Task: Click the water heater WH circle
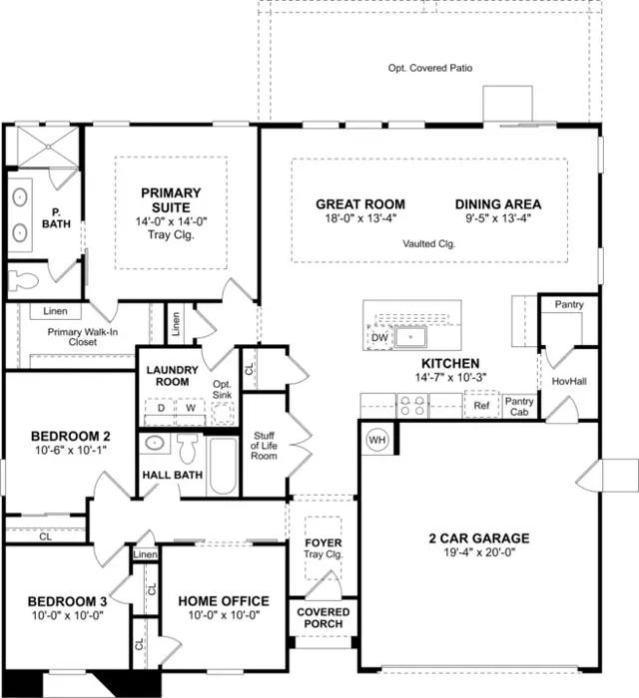point(377,441)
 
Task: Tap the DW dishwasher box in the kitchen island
point(379,337)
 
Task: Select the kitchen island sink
point(410,337)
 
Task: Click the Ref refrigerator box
point(481,405)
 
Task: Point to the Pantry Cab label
point(519,407)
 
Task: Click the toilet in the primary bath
point(23,280)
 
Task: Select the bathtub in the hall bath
point(223,466)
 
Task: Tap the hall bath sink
point(155,444)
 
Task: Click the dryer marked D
point(161,409)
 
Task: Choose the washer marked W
point(191,409)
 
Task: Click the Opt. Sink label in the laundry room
point(222,390)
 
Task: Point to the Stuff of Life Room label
point(264,446)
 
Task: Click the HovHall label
point(569,381)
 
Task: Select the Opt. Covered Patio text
point(430,68)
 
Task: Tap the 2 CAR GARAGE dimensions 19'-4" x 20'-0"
point(479,552)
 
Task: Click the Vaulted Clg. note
point(429,243)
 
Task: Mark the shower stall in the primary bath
point(48,146)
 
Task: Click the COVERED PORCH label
point(323,618)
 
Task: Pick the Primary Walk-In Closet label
point(83,337)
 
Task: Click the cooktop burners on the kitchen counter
point(412,406)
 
